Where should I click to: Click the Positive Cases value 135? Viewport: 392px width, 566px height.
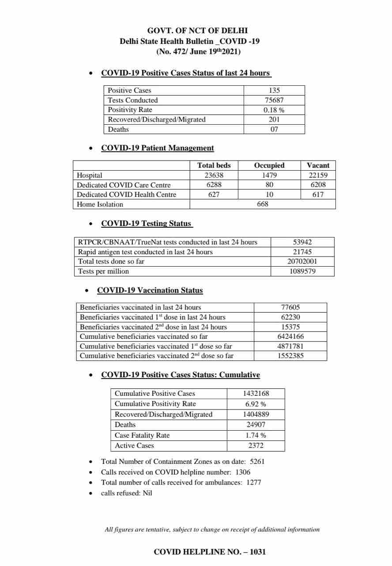[x=274, y=90]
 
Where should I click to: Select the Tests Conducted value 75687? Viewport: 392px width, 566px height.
[x=274, y=100]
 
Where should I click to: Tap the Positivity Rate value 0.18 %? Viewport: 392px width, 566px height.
[x=274, y=110]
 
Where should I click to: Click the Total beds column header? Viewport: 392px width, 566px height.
[x=214, y=165]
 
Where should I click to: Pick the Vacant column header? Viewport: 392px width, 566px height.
[x=318, y=165]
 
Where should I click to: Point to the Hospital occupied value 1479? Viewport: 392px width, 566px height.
[x=269, y=175]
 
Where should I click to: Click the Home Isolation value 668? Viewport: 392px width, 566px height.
[x=263, y=204]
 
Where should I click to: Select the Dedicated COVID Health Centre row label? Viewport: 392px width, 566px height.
[x=126, y=195]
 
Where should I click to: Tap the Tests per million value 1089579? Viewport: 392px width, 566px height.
[x=302, y=272]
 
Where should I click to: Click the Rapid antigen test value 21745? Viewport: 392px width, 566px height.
[x=302, y=252]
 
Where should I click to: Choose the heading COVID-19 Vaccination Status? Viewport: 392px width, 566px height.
[x=150, y=291]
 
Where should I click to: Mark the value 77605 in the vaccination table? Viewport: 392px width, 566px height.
[x=290, y=307]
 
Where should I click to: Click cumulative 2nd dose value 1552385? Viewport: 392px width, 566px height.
[x=290, y=356]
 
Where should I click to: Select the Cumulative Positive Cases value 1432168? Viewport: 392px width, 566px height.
[x=256, y=394]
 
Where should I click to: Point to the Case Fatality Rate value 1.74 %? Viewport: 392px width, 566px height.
[x=256, y=435]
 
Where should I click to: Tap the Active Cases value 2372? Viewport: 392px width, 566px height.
[x=256, y=446]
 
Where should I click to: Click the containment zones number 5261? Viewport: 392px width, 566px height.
[x=257, y=462]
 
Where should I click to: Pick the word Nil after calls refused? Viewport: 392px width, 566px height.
[x=147, y=493]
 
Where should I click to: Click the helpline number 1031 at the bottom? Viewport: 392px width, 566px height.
[x=258, y=552]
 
